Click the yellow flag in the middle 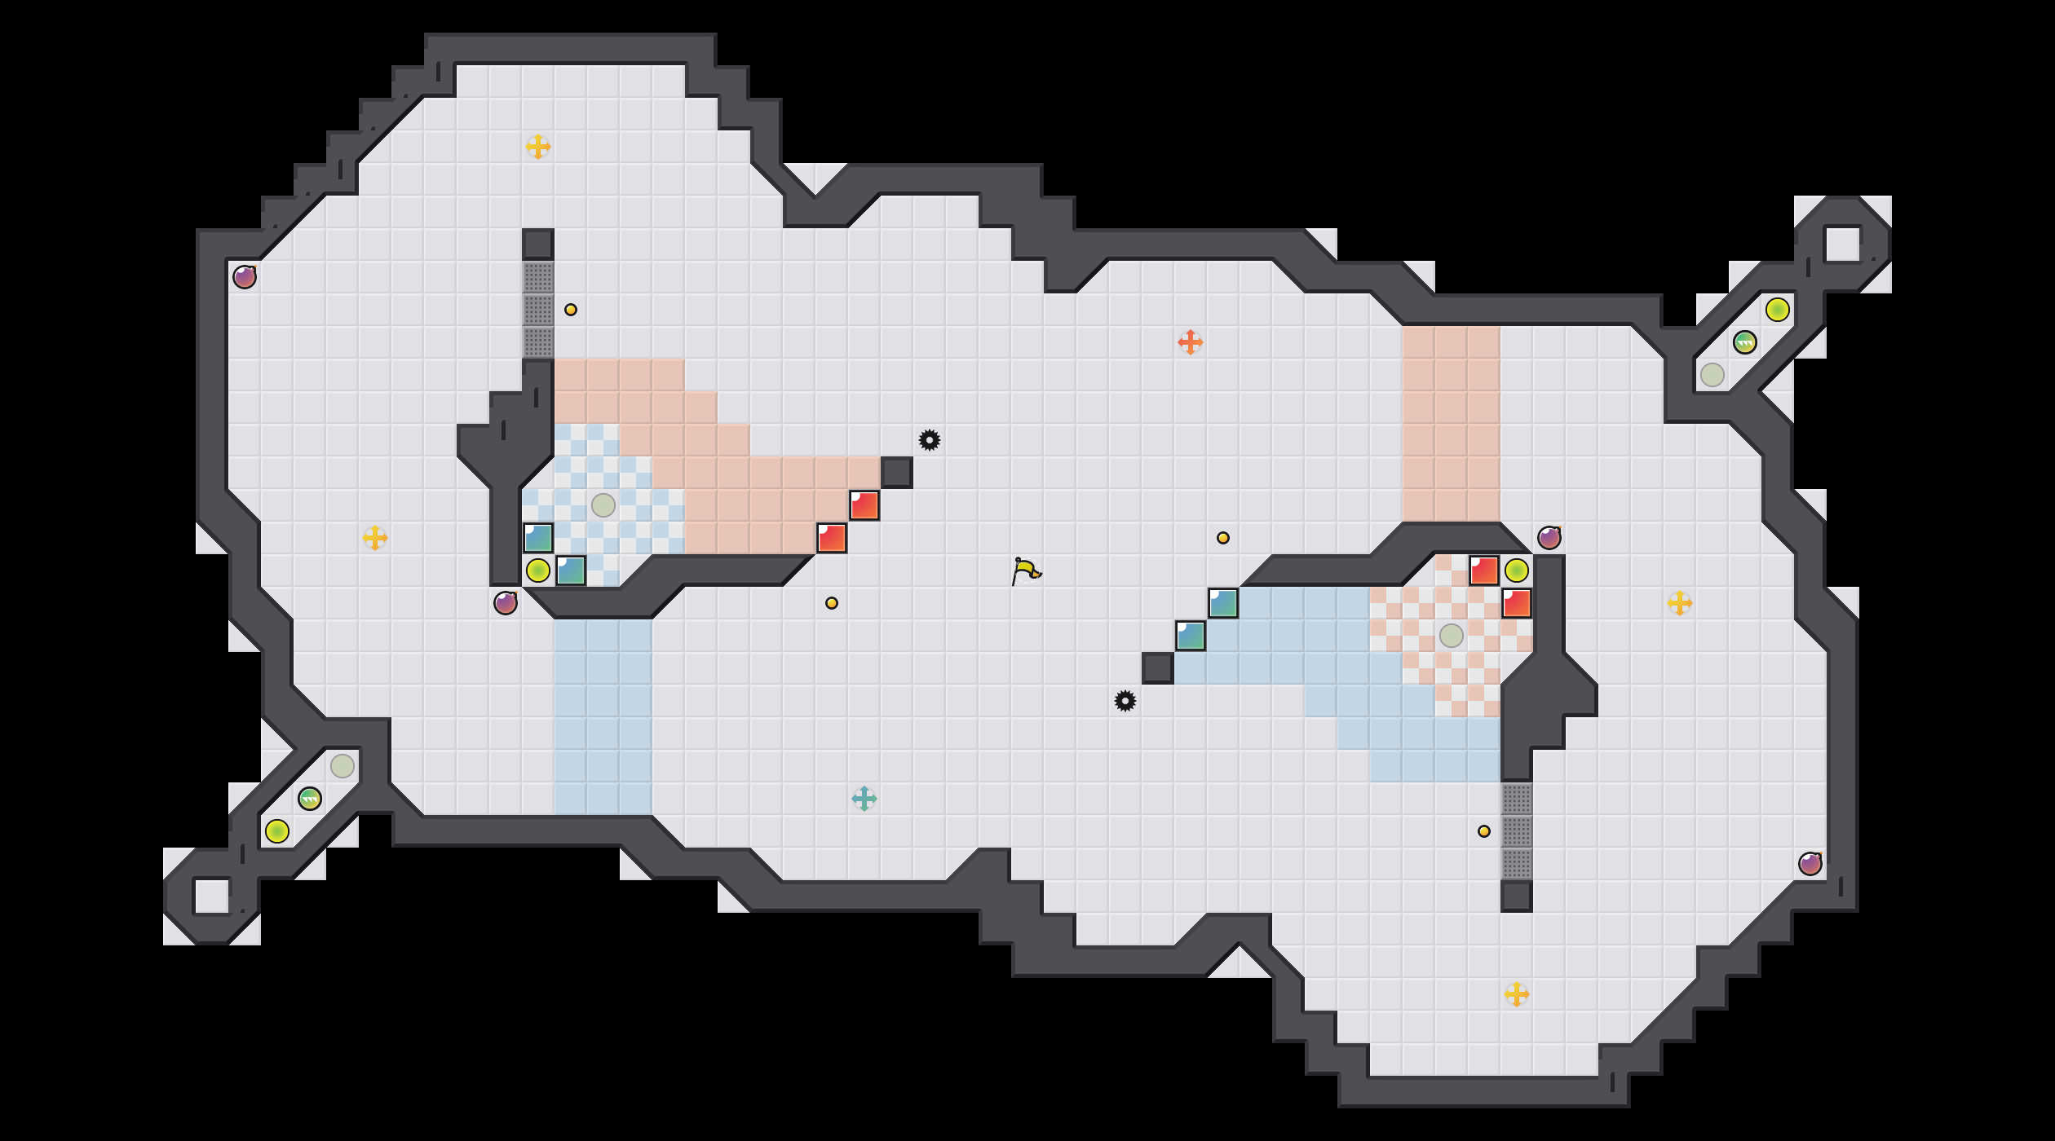click(x=1026, y=570)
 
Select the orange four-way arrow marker click(x=1190, y=342)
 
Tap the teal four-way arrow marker click(x=864, y=799)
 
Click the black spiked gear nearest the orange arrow click(x=929, y=440)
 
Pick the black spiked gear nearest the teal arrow click(x=1125, y=701)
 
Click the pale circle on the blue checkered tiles click(x=603, y=505)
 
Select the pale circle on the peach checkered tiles click(x=1451, y=636)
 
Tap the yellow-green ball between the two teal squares click(x=537, y=570)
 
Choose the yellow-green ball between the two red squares click(x=1516, y=570)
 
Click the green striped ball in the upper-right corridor click(x=1744, y=342)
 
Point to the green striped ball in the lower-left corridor click(x=309, y=799)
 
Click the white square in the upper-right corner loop click(x=1842, y=244)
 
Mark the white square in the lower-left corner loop click(x=211, y=896)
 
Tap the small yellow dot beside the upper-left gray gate click(x=570, y=310)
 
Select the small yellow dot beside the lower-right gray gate click(x=1483, y=831)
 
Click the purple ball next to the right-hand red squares click(x=1549, y=538)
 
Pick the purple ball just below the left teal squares click(x=505, y=603)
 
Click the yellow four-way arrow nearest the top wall click(x=537, y=147)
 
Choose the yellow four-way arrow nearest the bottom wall click(x=1516, y=994)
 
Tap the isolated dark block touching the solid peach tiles click(x=896, y=473)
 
